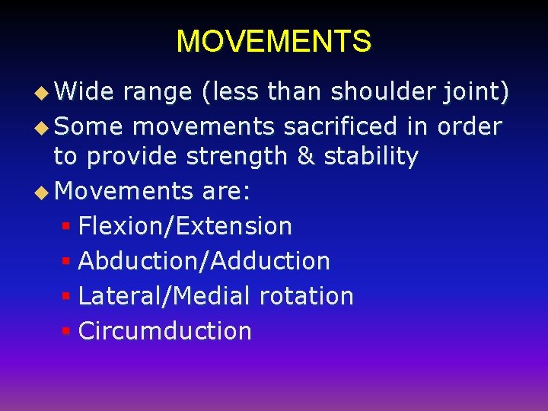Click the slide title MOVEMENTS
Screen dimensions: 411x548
click(274, 41)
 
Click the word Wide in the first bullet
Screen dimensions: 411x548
click(84, 92)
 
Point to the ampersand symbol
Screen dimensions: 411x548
click(305, 157)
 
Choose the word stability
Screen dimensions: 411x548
click(371, 157)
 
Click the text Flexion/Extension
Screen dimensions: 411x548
click(185, 226)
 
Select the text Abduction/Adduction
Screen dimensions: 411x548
click(204, 261)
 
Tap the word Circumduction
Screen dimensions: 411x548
click(164, 331)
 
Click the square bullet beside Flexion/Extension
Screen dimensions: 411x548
click(66, 227)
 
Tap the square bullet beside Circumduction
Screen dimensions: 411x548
click(66, 332)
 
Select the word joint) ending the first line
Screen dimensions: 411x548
click(476, 92)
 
